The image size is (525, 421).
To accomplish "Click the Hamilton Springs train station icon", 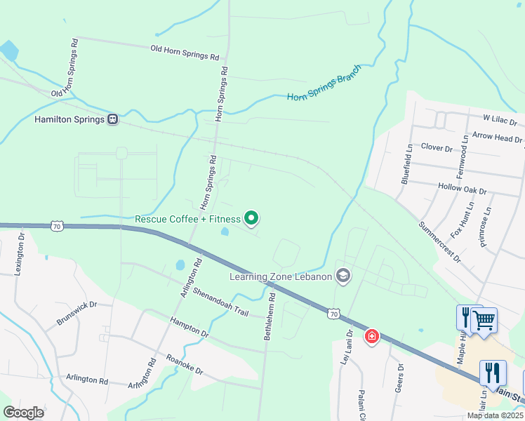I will pos(112,119).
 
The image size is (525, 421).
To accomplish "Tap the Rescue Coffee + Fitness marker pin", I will pos(251,219).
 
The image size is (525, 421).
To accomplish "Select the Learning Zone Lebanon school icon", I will pos(343,276).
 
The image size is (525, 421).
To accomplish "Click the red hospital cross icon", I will pos(371,338).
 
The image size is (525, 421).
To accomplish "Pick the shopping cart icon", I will pos(484,320).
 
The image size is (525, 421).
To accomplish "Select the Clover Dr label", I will pos(437,148).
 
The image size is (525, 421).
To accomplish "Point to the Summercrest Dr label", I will pos(439,243).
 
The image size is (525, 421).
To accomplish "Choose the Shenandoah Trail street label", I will pos(220,303).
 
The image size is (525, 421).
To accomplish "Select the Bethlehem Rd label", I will pos(270,316).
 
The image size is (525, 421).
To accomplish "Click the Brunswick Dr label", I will pos(77,314).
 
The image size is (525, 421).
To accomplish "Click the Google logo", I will pos(24,413).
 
